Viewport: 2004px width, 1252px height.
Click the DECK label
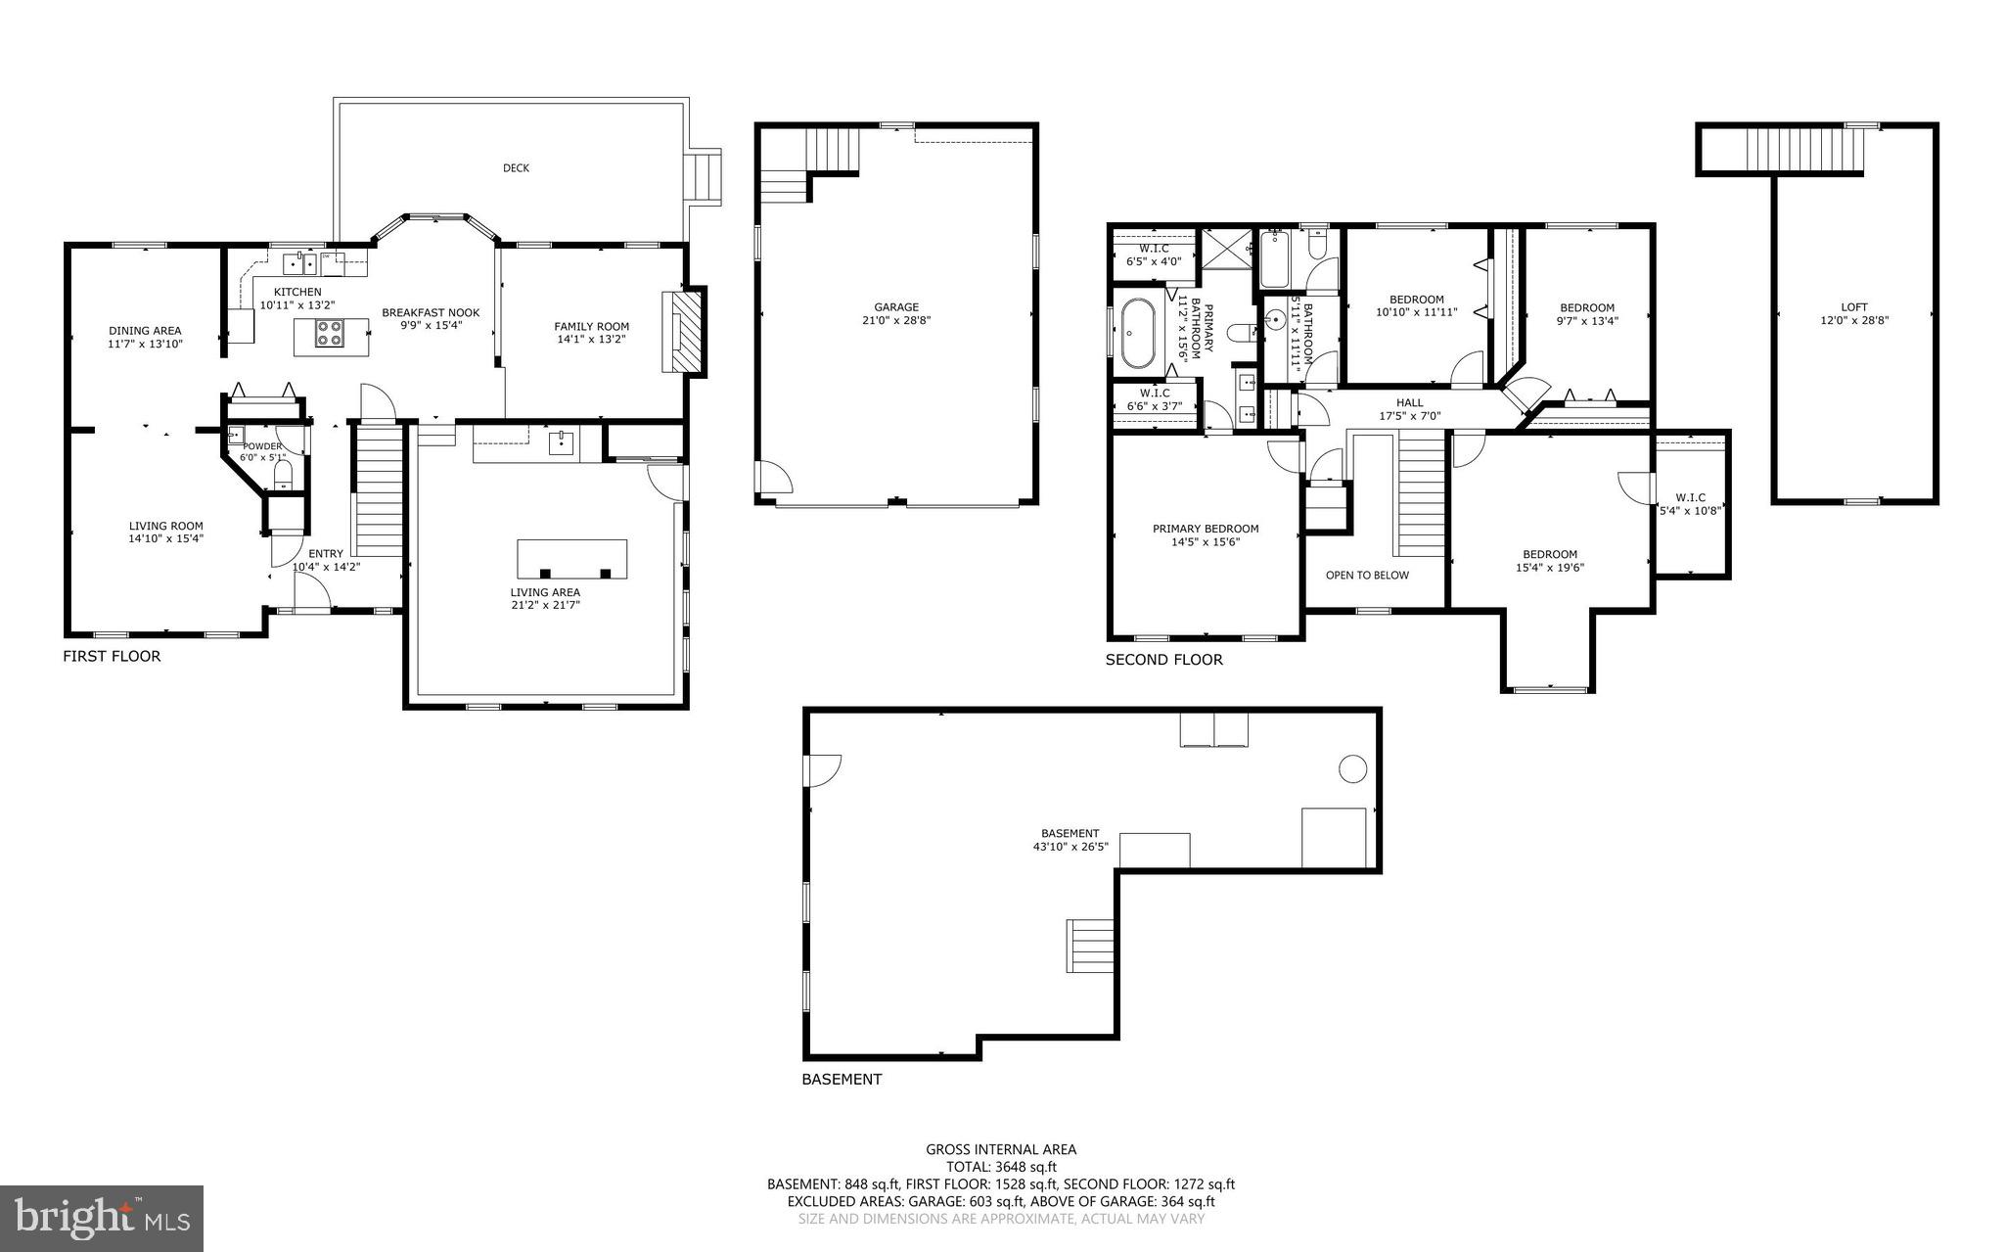point(516,168)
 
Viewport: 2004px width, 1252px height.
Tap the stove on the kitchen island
point(330,335)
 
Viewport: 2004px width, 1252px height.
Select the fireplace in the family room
point(684,331)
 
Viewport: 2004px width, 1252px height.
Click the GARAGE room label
point(896,307)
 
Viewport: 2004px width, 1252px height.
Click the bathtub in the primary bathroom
point(1137,333)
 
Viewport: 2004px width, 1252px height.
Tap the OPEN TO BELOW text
point(1367,575)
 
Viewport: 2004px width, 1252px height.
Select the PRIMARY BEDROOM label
point(1205,529)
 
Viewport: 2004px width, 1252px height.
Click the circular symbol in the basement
point(1352,769)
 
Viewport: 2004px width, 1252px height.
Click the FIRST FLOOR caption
point(112,656)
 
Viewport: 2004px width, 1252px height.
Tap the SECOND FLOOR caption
point(1163,660)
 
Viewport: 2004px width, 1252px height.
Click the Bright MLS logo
point(102,1218)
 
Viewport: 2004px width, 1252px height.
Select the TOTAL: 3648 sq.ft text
point(1000,1167)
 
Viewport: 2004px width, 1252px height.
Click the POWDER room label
point(262,446)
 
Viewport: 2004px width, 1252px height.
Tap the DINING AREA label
point(145,331)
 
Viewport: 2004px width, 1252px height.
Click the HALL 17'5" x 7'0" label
point(1409,409)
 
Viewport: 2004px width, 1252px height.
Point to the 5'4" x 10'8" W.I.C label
point(1690,503)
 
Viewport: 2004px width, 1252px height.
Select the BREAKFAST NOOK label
point(431,313)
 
